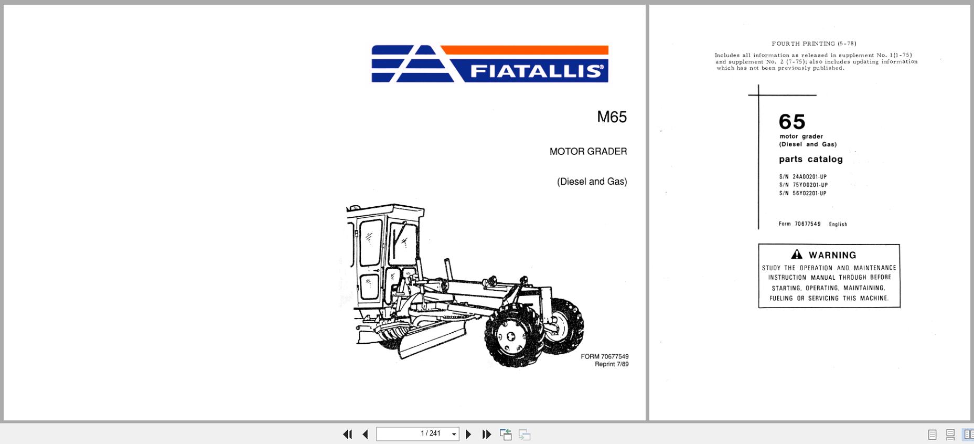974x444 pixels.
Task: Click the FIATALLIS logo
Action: click(490, 64)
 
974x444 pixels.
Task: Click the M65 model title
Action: click(612, 117)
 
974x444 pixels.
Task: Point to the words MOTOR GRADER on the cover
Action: click(588, 152)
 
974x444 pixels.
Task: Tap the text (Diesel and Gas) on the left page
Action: click(592, 182)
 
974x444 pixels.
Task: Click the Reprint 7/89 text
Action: click(611, 364)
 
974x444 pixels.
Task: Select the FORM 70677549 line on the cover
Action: click(604, 356)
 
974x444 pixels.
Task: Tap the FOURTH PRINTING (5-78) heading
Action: click(814, 44)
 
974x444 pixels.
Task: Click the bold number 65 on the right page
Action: click(792, 122)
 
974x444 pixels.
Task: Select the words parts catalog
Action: click(810, 159)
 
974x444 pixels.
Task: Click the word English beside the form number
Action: click(838, 224)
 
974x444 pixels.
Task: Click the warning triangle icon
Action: click(797, 255)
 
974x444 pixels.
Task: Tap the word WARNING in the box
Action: click(832, 255)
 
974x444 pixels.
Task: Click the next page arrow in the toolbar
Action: click(468, 434)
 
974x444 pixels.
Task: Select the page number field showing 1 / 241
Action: click(418, 434)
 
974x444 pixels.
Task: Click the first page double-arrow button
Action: click(347, 434)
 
